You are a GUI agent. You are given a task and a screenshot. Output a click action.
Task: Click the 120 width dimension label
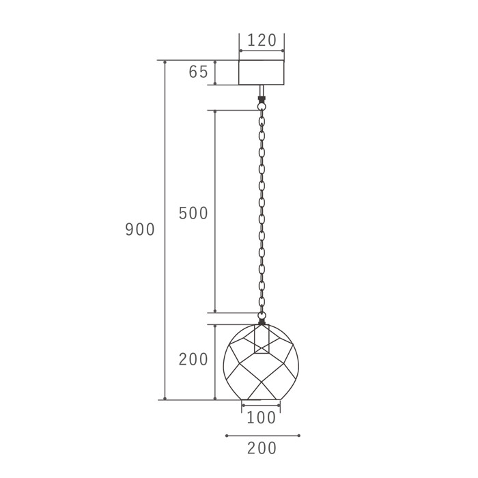pyautogui.click(x=262, y=40)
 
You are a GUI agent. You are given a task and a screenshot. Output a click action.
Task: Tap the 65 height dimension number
pyautogui.click(x=198, y=72)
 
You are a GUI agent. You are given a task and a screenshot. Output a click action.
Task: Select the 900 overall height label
pyautogui.click(x=140, y=229)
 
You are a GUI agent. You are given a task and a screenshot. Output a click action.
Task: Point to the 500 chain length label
pyautogui.click(x=193, y=213)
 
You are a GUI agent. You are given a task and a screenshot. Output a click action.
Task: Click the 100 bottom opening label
pyautogui.click(x=261, y=418)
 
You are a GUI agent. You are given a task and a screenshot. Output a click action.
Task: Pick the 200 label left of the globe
pyautogui.click(x=193, y=359)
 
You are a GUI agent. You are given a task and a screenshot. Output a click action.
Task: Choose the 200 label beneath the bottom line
pyautogui.click(x=262, y=448)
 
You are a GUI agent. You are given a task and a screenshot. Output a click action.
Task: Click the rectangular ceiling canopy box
pyautogui.click(x=262, y=72)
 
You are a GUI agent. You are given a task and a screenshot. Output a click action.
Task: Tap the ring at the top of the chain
pyautogui.click(x=261, y=106)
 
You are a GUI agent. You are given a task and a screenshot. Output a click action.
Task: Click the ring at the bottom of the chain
pyautogui.click(x=262, y=315)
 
